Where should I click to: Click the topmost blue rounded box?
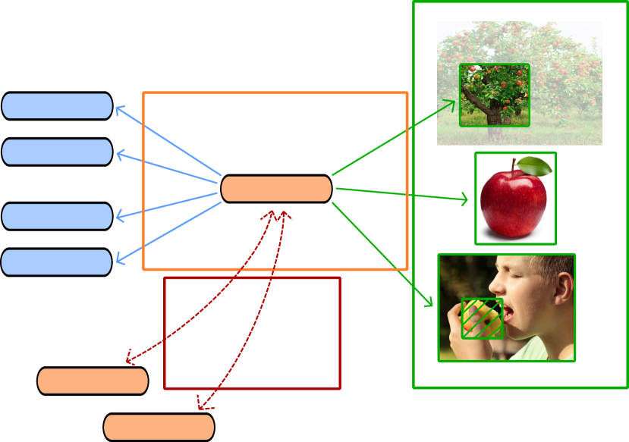click(57, 106)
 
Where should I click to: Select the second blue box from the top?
click(57, 152)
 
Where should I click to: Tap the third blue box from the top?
click(57, 216)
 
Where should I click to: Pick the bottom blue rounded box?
click(57, 262)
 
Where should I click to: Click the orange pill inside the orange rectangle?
click(276, 189)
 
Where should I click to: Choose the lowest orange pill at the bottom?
click(159, 427)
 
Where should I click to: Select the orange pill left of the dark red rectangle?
click(93, 381)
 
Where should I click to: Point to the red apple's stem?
click(514, 166)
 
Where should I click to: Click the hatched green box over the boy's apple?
click(483, 318)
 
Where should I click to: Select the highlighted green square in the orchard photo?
click(495, 95)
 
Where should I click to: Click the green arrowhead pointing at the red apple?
click(464, 201)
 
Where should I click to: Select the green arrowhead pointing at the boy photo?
click(429, 303)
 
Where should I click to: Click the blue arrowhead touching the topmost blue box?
click(118, 110)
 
